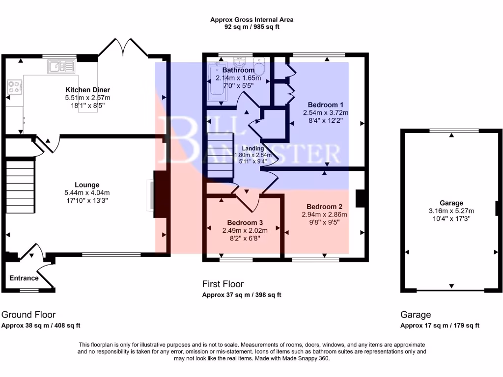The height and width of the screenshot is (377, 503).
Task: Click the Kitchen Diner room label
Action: point(87,90)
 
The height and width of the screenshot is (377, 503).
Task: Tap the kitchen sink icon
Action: point(61,66)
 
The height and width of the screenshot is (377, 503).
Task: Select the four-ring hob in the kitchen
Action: point(14,87)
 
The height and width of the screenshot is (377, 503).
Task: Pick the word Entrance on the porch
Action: point(24,278)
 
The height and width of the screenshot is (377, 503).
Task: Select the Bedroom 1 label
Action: point(325,105)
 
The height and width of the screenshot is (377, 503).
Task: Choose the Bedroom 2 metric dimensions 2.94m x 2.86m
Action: point(324,215)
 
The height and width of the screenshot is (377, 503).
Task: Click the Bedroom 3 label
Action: point(244,222)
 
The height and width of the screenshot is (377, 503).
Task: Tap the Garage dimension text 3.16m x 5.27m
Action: point(451,211)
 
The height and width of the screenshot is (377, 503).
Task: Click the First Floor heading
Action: point(223,284)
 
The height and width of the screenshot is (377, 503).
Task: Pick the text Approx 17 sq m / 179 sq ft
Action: point(440,325)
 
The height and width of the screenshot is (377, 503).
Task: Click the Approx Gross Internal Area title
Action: point(251,20)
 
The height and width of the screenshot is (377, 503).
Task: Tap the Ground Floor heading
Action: point(28,315)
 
